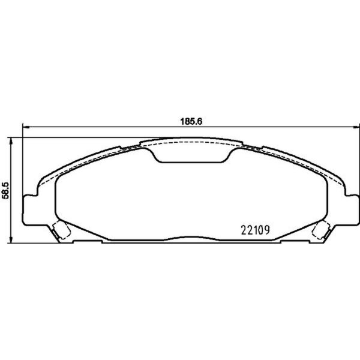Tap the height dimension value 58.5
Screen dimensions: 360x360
click(x=5, y=188)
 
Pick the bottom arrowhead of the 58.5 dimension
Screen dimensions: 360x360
click(x=13, y=240)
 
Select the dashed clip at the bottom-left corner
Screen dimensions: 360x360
click(x=59, y=230)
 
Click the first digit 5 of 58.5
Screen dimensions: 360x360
click(x=5, y=195)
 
